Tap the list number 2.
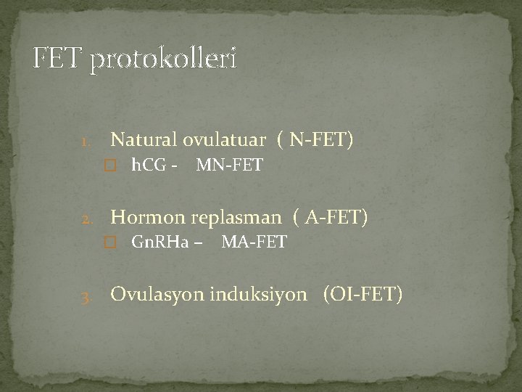click(x=86, y=218)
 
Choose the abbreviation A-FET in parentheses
click(x=336, y=216)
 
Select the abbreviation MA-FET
click(x=254, y=242)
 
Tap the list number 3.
click(x=86, y=298)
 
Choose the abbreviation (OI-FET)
click(x=362, y=295)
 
